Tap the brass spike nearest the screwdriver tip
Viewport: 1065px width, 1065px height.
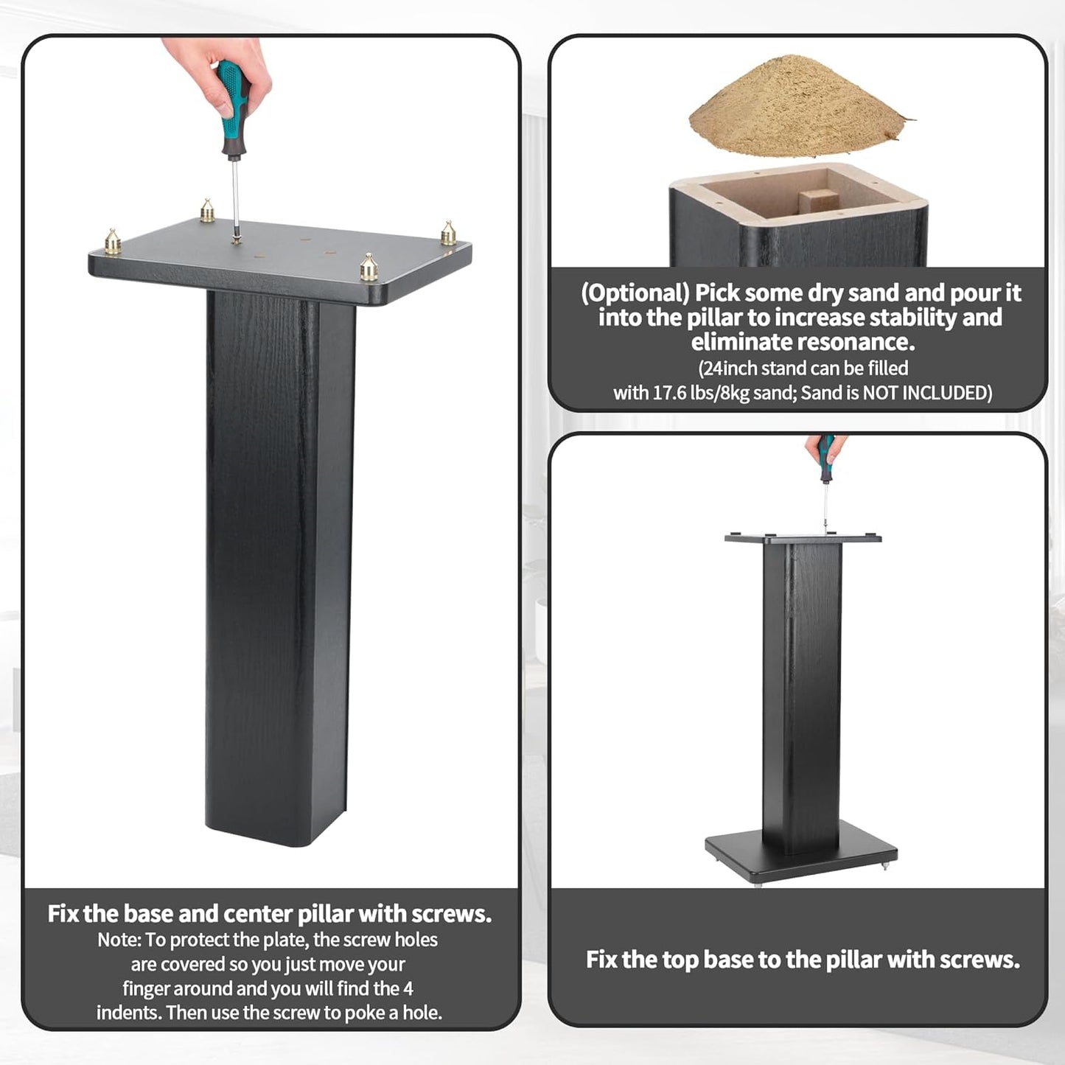[x=208, y=211]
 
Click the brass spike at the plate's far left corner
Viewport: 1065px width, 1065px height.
[x=113, y=242]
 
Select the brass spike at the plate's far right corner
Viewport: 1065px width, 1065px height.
[x=448, y=233]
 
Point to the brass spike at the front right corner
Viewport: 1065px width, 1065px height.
[x=369, y=268]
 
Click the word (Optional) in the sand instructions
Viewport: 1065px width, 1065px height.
[x=635, y=293]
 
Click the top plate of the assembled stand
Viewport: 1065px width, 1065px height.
[x=803, y=538]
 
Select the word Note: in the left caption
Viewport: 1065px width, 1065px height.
[x=119, y=940]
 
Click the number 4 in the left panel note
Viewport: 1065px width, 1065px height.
[x=408, y=988]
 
